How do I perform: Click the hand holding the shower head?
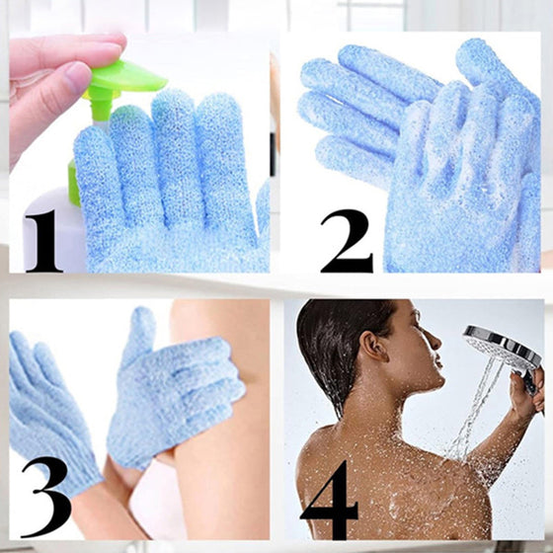pos(525,390)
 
